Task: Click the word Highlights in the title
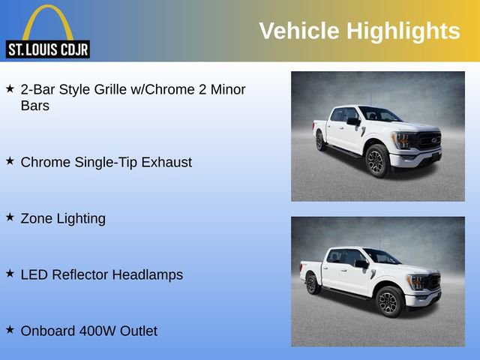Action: click(x=403, y=31)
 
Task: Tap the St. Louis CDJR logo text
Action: click(x=47, y=49)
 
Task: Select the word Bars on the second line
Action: click(x=35, y=106)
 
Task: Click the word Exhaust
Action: click(x=166, y=162)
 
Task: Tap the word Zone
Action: click(x=37, y=218)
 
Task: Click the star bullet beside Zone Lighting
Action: click(x=10, y=217)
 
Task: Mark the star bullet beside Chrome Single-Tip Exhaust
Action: click(x=10, y=160)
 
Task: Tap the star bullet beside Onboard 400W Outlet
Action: click(x=10, y=329)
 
